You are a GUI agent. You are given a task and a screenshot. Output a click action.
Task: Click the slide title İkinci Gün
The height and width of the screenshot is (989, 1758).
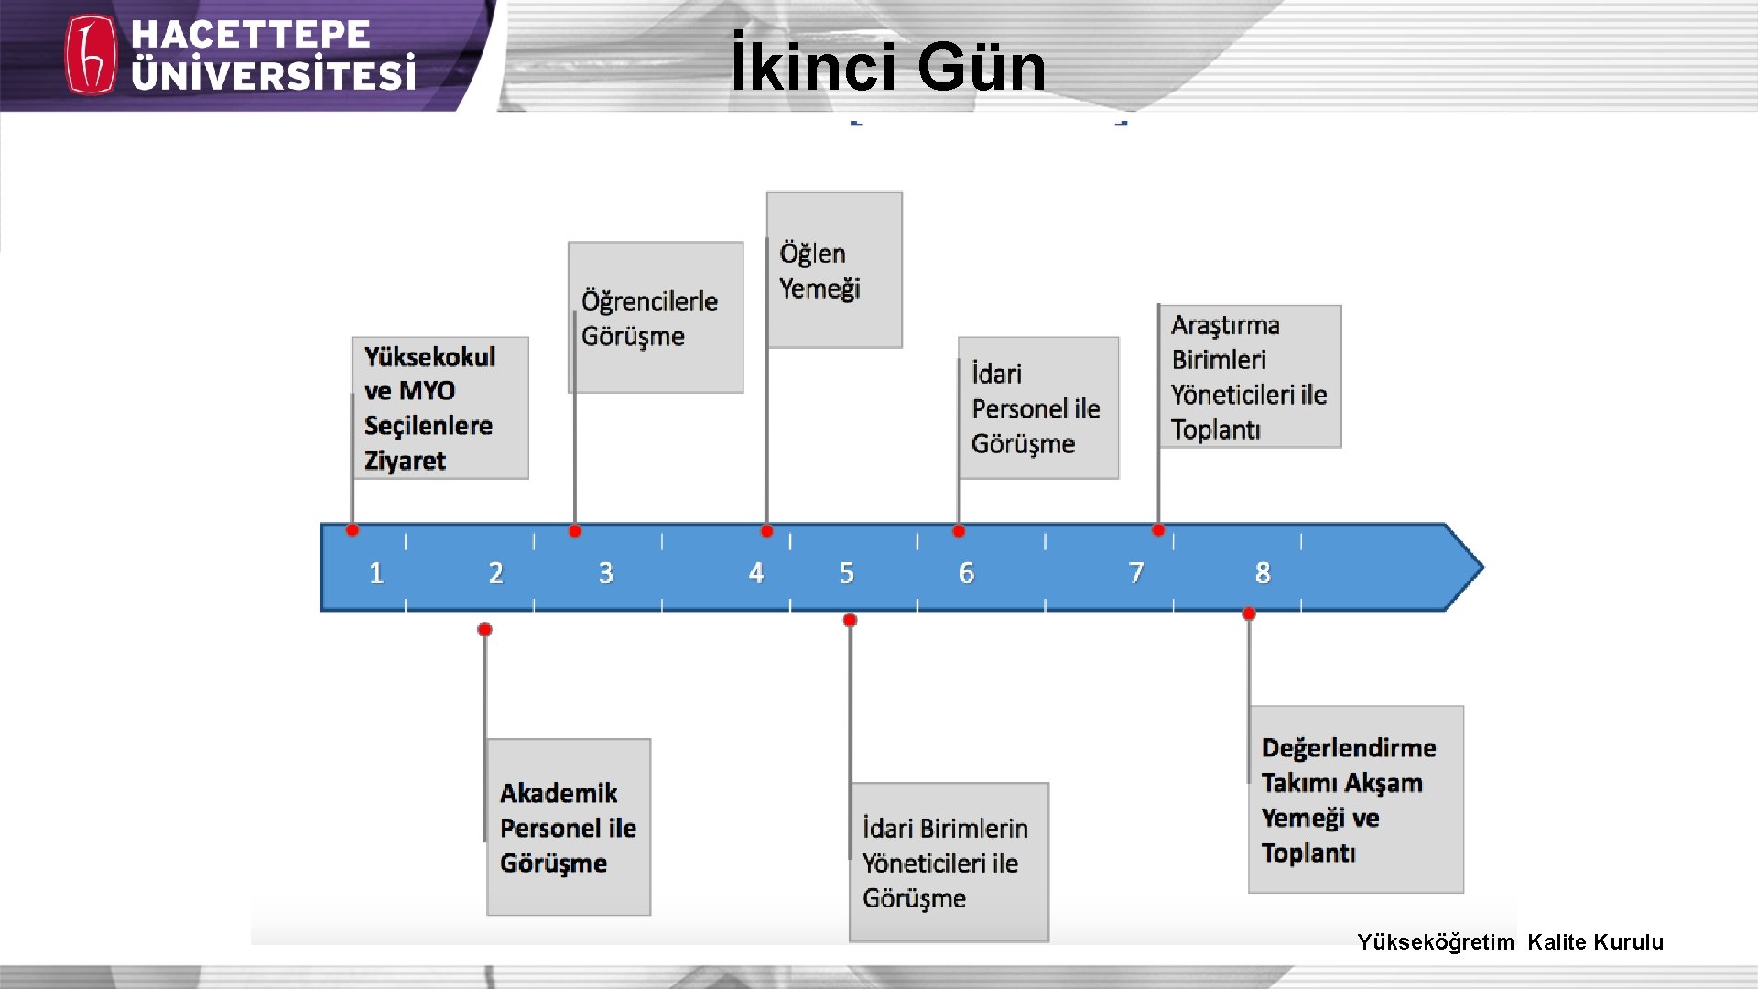887,67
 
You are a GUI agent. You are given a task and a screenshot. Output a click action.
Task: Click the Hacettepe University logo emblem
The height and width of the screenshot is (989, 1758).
91,55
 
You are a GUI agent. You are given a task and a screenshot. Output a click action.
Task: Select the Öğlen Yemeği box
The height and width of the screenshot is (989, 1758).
834,270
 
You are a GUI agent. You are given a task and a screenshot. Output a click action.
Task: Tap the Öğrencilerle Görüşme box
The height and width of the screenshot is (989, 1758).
656,318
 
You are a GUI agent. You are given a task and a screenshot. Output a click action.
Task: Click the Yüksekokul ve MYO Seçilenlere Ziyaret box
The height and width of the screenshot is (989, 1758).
439,408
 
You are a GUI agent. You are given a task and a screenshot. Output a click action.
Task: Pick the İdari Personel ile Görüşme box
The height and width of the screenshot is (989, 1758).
1038,408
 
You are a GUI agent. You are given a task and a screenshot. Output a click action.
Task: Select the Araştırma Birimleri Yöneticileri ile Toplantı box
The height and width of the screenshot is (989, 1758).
1250,376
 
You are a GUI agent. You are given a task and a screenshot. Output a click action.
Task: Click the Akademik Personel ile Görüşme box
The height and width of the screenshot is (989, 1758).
569,827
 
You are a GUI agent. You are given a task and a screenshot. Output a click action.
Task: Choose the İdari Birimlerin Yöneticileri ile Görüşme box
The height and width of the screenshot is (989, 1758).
949,862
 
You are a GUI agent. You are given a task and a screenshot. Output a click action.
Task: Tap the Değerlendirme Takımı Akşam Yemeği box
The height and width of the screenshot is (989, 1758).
1355,799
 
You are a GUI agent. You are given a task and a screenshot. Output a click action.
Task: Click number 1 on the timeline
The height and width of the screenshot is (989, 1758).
376,573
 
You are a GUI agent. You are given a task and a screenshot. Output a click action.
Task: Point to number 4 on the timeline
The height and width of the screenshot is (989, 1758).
756,573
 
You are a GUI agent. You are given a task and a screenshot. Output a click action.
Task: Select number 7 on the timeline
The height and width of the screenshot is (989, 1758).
1136,573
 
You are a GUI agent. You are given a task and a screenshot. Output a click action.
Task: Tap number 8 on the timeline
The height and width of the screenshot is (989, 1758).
1263,573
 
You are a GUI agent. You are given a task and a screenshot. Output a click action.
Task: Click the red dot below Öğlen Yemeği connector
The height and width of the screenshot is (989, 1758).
767,531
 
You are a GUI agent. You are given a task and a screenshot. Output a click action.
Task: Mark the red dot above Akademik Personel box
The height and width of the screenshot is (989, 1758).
485,629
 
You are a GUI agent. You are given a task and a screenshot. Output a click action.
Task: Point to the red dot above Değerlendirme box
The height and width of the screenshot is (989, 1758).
1249,614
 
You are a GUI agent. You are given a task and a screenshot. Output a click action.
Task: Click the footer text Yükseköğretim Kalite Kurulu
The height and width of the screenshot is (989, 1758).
1510,941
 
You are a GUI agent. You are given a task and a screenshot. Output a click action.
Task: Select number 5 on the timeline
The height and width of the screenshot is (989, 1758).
847,573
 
